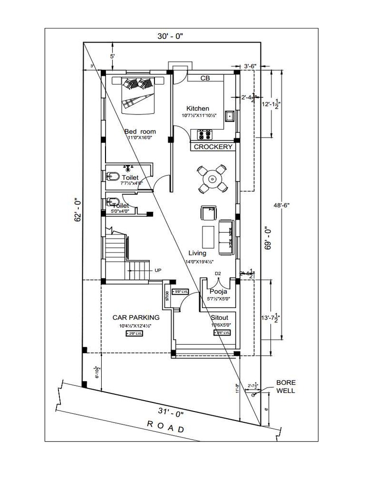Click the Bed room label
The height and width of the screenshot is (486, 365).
(140, 131)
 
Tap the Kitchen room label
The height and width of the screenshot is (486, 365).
(198, 109)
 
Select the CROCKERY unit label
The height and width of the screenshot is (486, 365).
(213, 147)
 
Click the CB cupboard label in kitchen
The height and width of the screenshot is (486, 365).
(205, 78)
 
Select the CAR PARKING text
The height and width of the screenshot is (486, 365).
(135, 317)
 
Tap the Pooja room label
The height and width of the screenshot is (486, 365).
(219, 291)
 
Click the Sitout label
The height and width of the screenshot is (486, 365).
(219, 317)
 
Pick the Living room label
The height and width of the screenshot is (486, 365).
(197, 253)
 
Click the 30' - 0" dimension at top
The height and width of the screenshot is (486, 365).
(170, 36)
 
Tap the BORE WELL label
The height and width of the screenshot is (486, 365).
(286, 386)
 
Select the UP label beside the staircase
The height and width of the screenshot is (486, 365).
(158, 270)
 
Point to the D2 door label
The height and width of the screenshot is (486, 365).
(218, 273)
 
